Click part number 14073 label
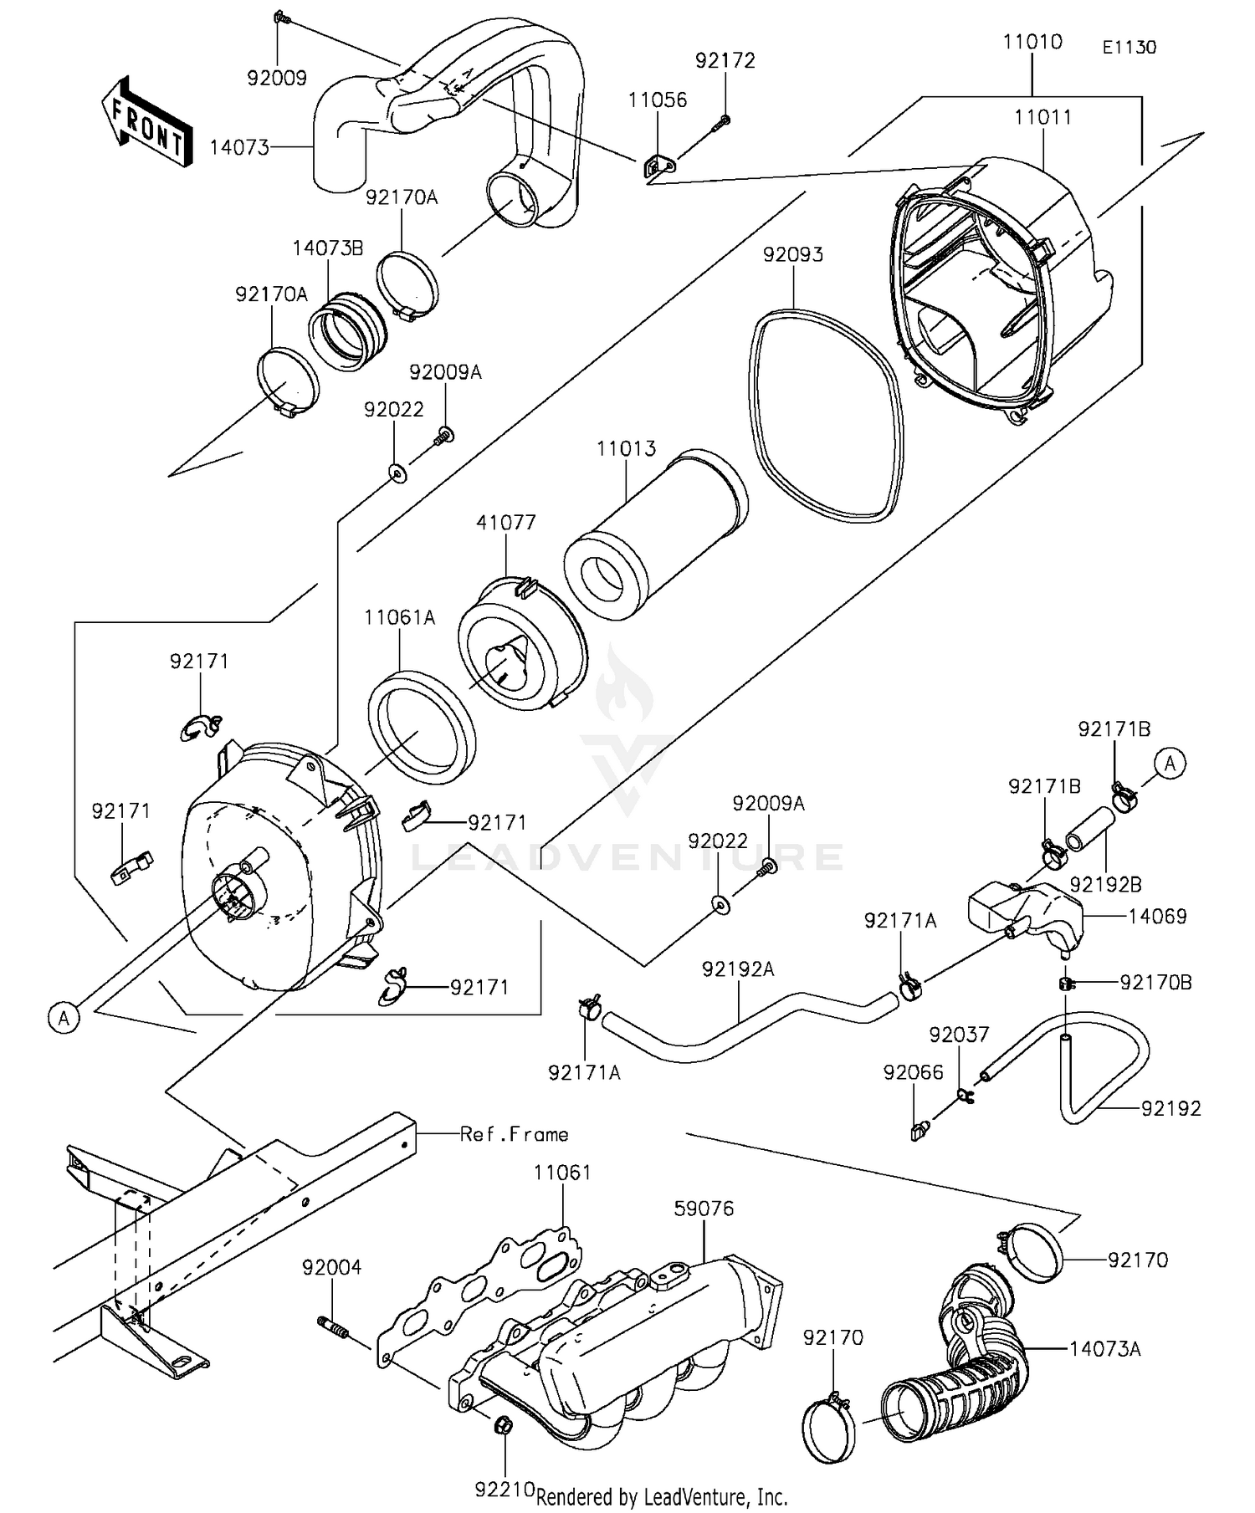click(238, 148)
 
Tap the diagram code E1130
click(1129, 48)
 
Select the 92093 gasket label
click(792, 254)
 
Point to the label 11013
click(626, 449)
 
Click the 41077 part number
click(506, 523)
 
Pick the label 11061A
click(399, 618)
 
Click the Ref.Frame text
click(514, 1134)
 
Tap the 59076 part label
click(704, 1209)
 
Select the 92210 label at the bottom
click(505, 1490)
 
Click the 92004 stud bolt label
click(332, 1268)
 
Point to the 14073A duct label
click(1104, 1348)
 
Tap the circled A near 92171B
click(1170, 764)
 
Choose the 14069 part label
click(1157, 917)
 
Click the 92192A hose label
click(738, 969)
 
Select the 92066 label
click(913, 1073)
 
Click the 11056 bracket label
click(658, 100)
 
